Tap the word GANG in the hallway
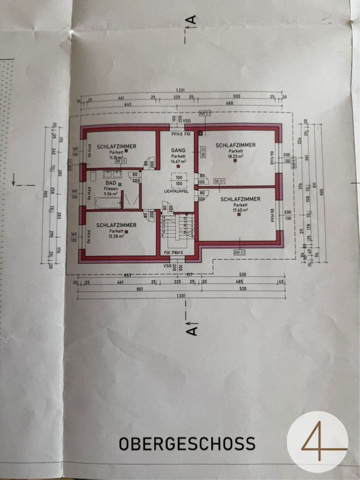click(x=179, y=150)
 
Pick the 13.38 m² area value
click(x=116, y=237)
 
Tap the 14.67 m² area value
click(x=179, y=162)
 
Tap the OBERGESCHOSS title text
click(x=187, y=444)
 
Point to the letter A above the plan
click(x=193, y=20)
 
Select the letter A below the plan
click(x=193, y=329)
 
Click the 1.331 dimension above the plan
click(x=180, y=90)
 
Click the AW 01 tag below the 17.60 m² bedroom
click(x=239, y=251)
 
